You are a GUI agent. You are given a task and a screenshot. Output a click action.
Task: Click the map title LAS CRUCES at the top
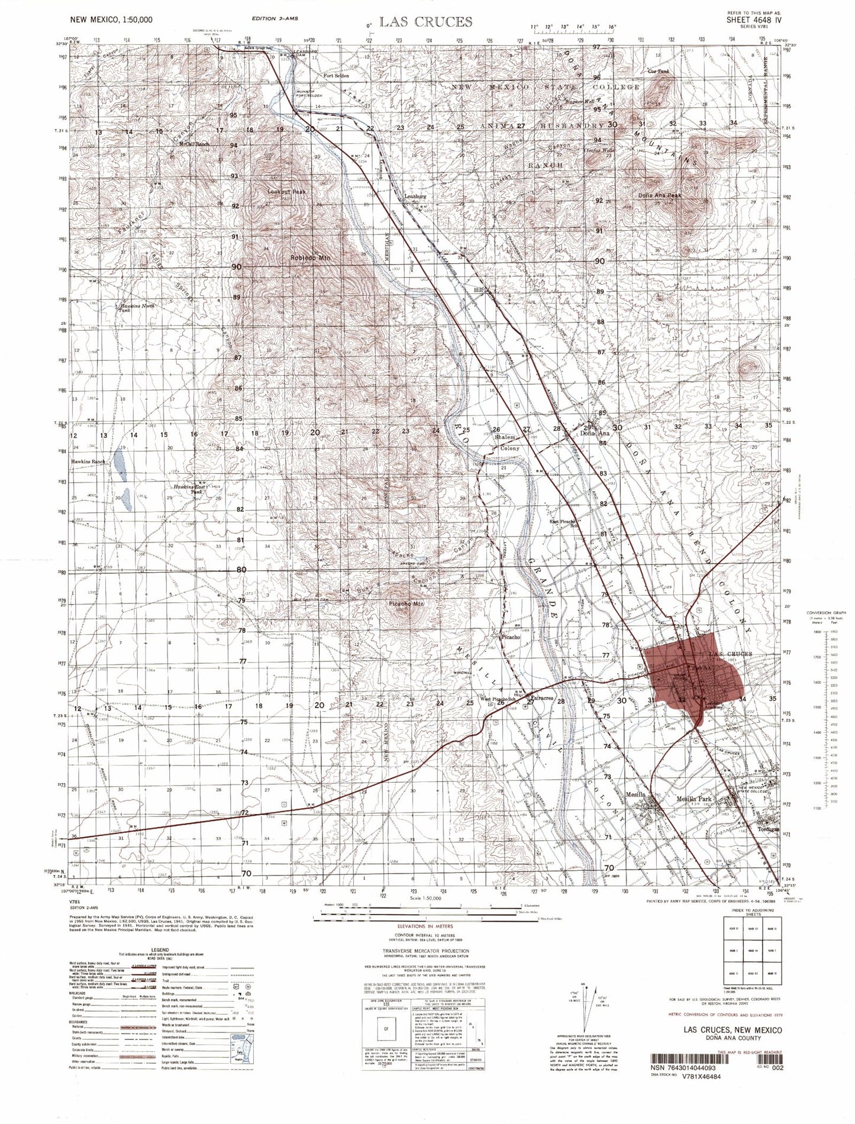click(425, 22)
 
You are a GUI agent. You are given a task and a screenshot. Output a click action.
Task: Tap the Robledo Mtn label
click(310, 258)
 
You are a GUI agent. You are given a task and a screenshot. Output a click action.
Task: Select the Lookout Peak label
click(286, 192)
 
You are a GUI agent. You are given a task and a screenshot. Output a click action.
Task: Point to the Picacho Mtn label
click(405, 604)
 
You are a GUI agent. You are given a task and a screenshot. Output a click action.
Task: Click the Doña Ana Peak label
click(659, 195)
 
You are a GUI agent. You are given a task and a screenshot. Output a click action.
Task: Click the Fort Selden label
click(336, 76)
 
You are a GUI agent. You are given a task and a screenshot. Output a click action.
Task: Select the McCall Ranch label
click(195, 144)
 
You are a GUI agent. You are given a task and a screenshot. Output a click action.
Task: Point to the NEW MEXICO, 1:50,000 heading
click(110, 20)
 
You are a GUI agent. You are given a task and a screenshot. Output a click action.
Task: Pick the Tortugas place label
click(769, 829)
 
